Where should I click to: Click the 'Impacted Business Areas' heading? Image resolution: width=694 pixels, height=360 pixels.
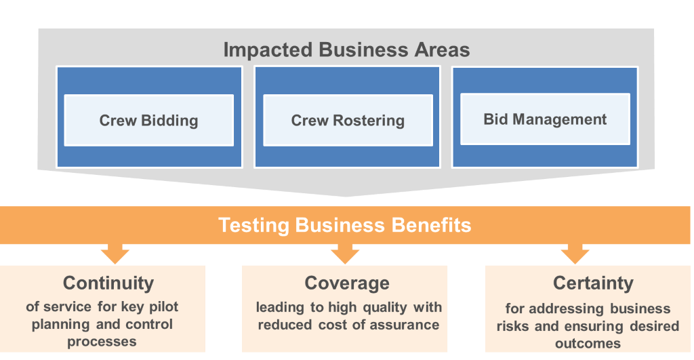[346, 50]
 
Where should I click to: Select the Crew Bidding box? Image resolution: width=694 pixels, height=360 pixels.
[148, 121]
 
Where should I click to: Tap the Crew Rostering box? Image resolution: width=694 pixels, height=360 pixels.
[348, 121]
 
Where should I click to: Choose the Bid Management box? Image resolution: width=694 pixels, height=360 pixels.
[545, 119]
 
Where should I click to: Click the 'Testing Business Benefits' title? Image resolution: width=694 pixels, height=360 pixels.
[344, 225]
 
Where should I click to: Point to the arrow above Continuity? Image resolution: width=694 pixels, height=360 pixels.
[115, 255]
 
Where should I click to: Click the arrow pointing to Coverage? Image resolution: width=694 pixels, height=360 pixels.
[345, 255]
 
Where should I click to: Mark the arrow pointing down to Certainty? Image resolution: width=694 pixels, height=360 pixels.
[575, 255]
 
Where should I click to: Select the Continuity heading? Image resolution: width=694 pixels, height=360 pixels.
[108, 283]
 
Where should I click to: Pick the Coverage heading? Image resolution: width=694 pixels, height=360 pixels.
[347, 283]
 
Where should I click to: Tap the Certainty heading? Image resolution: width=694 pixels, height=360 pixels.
[593, 283]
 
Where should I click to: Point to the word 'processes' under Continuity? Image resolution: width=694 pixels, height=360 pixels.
[102, 342]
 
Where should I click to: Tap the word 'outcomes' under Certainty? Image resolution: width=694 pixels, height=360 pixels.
[588, 343]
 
